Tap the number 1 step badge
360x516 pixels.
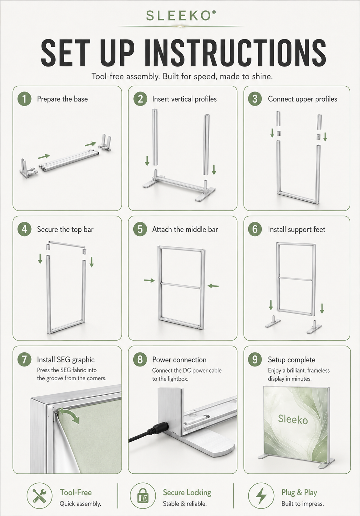click(24, 99)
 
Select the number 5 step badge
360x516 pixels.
click(140, 229)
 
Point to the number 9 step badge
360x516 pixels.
click(255, 360)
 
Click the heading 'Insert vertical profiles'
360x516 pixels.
click(184, 99)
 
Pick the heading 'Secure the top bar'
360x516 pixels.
click(65, 229)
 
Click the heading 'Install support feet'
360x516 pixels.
click(296, 229)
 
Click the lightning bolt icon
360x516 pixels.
click(261, 495)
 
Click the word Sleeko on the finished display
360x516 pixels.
click(293, 419)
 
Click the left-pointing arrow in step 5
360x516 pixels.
click(213, 286)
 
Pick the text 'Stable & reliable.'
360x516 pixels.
click(184, 504)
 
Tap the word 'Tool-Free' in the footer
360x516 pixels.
click(76, 493)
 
